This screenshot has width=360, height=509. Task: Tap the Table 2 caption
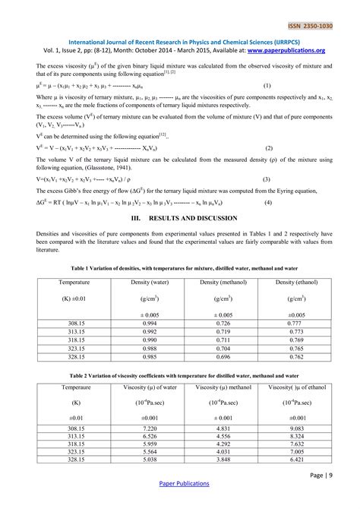(179, 375)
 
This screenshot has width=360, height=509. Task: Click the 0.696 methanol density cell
(223, 356)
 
